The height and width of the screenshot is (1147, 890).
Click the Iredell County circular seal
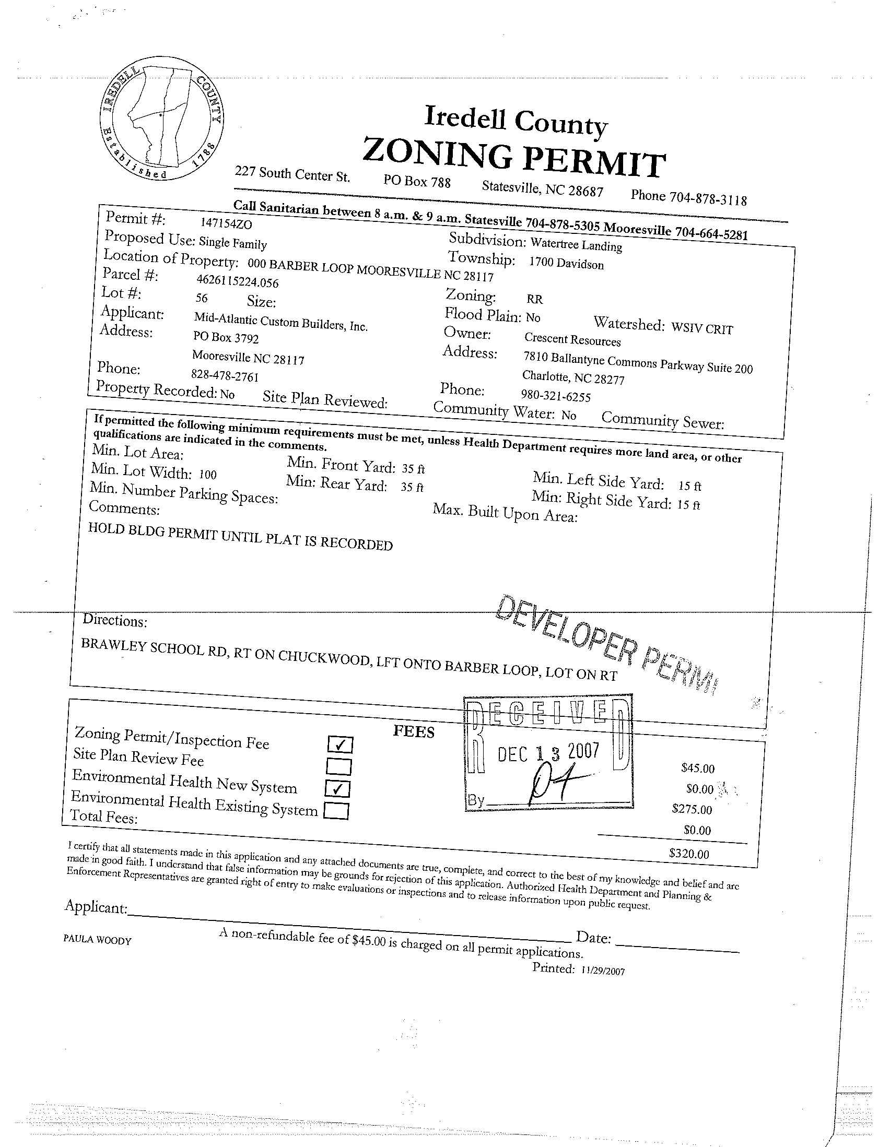[162, 123]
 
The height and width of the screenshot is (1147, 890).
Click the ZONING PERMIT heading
[514, 157]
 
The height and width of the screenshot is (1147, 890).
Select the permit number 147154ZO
[226, 224]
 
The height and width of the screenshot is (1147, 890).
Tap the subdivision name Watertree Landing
[576, 244]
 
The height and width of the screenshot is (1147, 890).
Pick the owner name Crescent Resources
[572, 340]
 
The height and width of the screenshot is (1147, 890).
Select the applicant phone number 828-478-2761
[225, 375]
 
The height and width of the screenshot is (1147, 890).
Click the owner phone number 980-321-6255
[555, 395]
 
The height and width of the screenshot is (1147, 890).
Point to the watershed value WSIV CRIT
[702, 328]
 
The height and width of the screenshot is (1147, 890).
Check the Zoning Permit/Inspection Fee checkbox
[339, 744]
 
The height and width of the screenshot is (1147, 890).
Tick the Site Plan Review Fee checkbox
[338, 767]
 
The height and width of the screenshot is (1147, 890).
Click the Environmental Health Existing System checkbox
[336, 812]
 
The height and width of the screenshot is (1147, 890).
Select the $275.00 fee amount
[692, 809]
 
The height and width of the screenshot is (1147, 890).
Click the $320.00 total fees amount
[689, 854]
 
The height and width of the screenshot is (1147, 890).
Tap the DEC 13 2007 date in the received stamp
[547, 753]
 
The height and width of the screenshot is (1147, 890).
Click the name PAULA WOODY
[97, 940]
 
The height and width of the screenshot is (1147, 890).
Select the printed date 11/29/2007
[603, 971]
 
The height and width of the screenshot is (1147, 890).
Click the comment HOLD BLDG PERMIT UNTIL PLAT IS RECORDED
[240, 536]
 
